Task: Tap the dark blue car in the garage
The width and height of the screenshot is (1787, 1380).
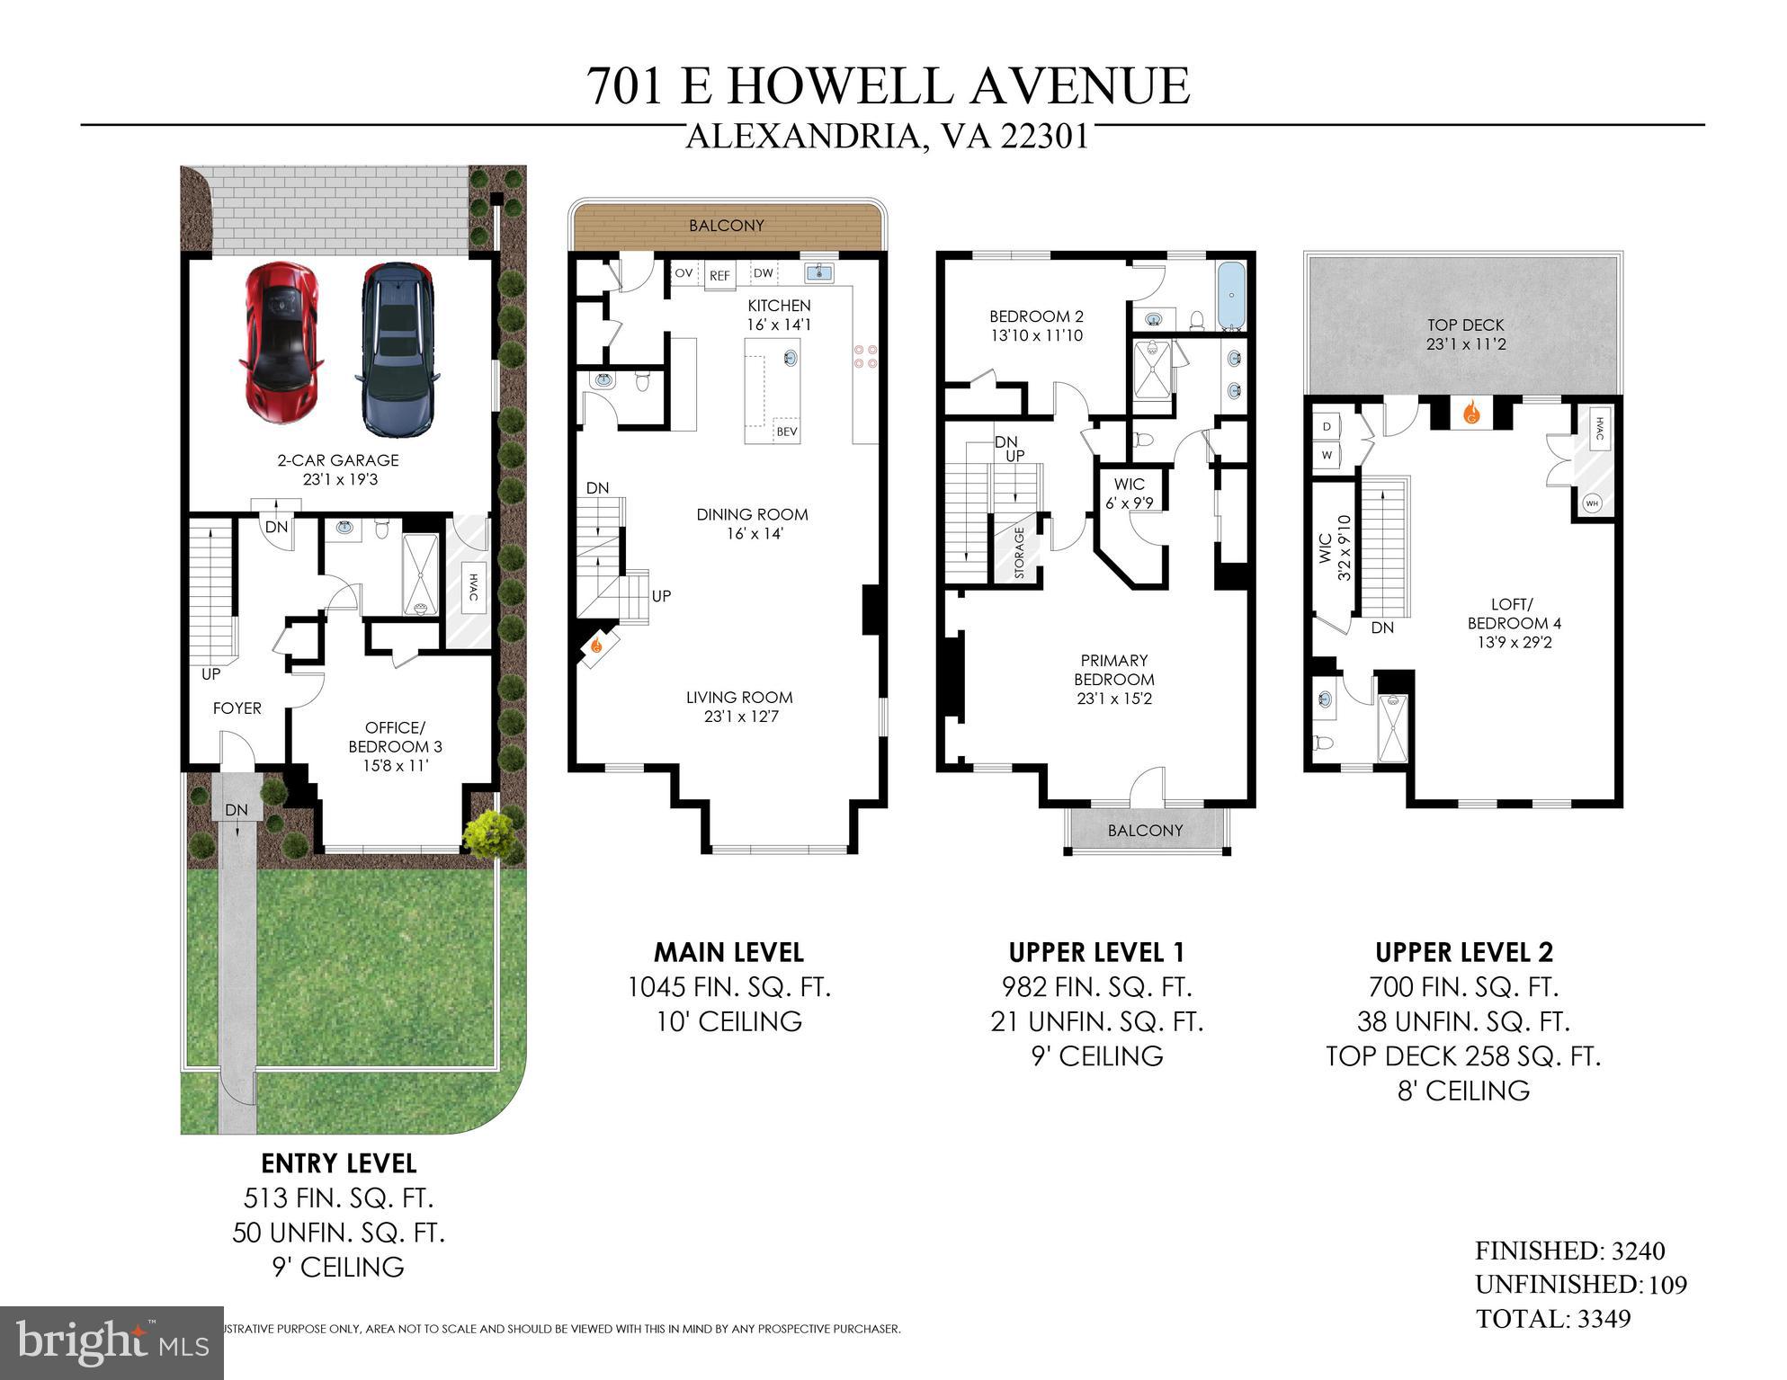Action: (x=397, y=349)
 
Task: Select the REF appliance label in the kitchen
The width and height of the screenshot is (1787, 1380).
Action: (x=719, y=276)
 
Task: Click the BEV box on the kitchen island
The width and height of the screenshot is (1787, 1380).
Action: (x=786, y=432)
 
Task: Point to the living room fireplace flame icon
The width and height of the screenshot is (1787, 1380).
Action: (x=595, y=645)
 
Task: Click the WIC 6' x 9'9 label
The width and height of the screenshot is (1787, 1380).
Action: (x=1130, y=494)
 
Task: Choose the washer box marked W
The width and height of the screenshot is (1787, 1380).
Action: (x=1327, y=455)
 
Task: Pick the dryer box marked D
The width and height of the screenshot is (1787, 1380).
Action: (x=1327, y=426)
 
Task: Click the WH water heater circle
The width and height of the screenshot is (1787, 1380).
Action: (x=1592, y=503)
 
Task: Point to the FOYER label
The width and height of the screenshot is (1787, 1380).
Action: (x=237, y=708)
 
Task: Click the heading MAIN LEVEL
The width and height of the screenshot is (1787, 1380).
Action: (x=728, y=952)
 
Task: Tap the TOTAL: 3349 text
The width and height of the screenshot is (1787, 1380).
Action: (x=1553, y=1319)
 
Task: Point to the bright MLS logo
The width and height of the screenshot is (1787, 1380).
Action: (x=112, y=1343)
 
